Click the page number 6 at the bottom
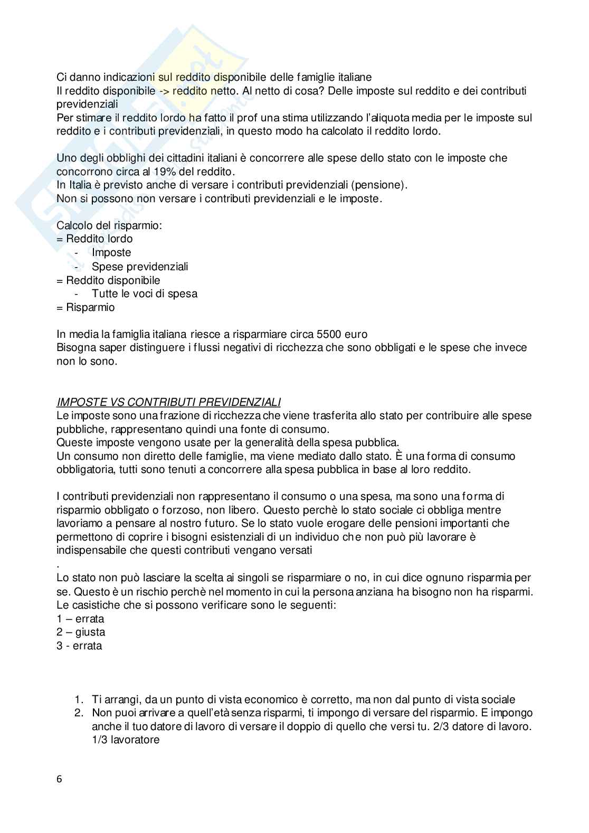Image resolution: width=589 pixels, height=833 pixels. click(x=59, y=779)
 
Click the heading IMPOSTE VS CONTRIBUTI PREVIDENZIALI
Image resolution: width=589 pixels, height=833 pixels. click(x=168, y=402)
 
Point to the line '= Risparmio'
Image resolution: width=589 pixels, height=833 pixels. click(x=85, y=307)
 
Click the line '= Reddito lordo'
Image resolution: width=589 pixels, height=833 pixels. click(x=94, y=239)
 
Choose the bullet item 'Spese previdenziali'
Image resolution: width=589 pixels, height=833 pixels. click(x=140, y=267)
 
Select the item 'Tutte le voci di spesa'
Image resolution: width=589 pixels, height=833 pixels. click(x=145, y=294)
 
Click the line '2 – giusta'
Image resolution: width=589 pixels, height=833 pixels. click(x=81, y=632)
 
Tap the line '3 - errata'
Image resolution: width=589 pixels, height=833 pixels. click(x=79, y=646)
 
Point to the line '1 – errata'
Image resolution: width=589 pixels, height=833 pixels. click(x=80, y=619)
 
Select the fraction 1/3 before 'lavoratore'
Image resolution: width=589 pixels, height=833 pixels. click(x=100, y=740)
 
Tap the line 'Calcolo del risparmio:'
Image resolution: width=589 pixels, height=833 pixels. click(x=109, y=225)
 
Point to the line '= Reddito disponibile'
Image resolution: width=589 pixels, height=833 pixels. click(x=108, y=280)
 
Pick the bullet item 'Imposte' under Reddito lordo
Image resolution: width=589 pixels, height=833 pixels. click(x=111, y=252)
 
